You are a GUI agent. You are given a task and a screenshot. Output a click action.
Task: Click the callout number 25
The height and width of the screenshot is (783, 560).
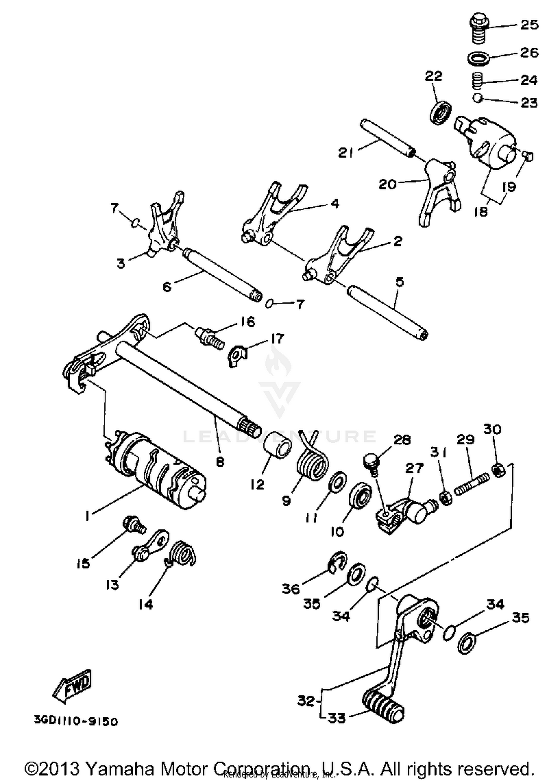529,25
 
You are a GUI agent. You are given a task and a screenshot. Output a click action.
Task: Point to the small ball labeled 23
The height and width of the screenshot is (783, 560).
477,99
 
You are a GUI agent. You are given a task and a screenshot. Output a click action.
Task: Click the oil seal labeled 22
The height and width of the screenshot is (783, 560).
441,112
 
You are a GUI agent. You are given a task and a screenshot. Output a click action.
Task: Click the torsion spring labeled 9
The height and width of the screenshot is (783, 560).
313,463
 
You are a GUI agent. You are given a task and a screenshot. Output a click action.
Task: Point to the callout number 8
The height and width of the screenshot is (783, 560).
220,462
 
